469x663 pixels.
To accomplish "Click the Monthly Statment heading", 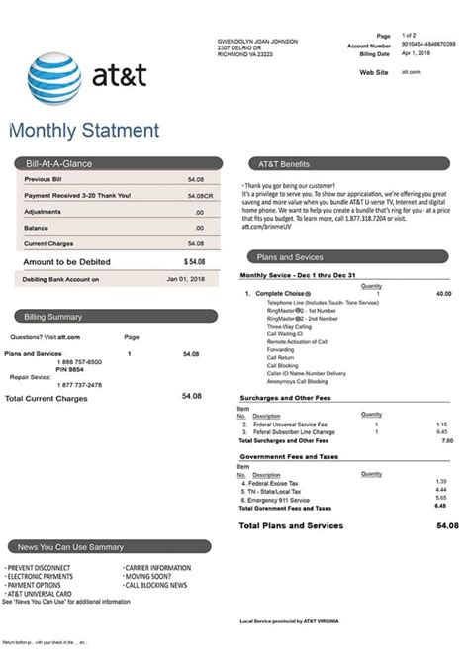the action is click(x=84, y=131).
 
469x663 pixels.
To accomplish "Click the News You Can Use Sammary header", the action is click(x=64, y=547).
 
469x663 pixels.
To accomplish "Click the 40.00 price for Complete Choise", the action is click(x=442, y=294).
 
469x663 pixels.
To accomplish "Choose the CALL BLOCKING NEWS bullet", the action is click(x=155, y=585).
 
